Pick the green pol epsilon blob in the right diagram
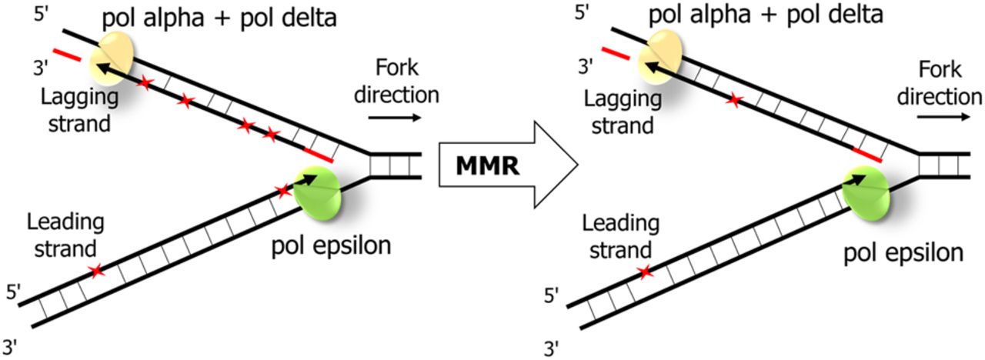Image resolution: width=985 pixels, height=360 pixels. pyautogui.click(x=867, y=192)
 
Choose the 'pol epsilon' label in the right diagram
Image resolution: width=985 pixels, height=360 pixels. pyautogui.click(x=901, y=252)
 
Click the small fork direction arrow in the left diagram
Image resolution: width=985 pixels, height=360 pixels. pyautogui.click(x=395, y=118)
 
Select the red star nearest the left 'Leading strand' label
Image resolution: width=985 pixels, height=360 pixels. pyautogui.click(x=95, y=271)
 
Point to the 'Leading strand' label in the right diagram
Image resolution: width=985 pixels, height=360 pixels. pyautogui.click(x=621, y=237)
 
